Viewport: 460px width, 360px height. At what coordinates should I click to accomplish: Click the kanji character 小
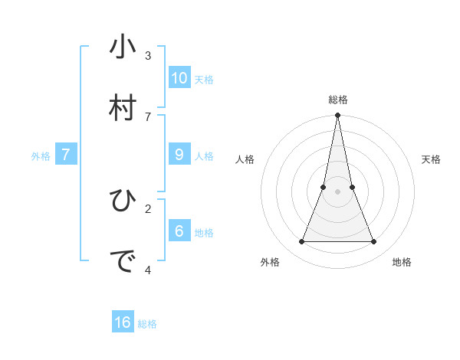pyautogui.click(x=123, y=47)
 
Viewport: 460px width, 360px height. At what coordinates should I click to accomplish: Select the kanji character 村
pyautogui.click(x=123, y=108)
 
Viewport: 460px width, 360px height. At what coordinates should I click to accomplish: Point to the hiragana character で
pyautogui.click(x=123, y=262)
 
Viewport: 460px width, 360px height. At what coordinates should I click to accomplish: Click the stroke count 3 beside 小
pyautogui.click(x=148, y=56)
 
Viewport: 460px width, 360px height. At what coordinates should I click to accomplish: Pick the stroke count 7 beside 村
pyautogui.click(x=148, y=116)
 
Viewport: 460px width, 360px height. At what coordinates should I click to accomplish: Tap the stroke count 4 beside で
pyautogui.click(x=148, y=270)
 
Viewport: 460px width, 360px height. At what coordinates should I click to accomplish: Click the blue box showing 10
pyautogui.click(x=179, y=78)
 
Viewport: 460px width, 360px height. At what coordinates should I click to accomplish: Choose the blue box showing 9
pyautogui.click(x=179, y=155)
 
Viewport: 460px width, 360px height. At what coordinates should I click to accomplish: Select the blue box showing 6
pyautogui.click(x=179, y=231)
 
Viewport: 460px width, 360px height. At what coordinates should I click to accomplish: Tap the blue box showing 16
pyautogui.click(x=123, y=322)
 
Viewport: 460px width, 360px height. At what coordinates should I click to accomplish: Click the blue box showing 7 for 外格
pyautogui.click(x=66, y=155)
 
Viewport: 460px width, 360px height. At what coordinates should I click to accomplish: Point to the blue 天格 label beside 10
pyautogui.click(x=204, y=80)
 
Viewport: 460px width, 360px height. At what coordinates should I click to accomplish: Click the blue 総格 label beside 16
pyautogui.click(x=147, y=324)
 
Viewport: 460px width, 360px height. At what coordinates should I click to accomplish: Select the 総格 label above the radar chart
pyautogui.click(x=338, y=100)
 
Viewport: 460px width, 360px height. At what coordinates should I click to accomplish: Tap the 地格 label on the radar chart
pyautogui.click(x=402, y=262)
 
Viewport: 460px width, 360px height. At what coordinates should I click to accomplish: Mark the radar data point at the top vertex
pyautogui.click(x=338, y=116)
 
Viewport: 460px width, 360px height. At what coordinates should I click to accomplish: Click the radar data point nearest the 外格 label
pyautogui.click(x=302, y=241)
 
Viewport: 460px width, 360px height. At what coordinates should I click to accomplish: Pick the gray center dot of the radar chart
pyautogui.click(x=338, y=191)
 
